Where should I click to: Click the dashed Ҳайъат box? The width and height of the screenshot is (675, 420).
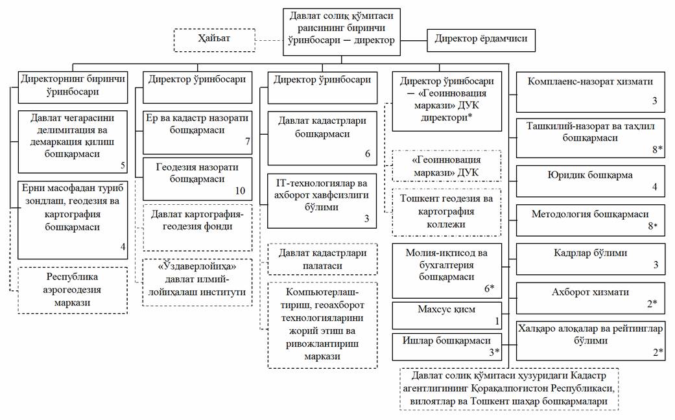pos(213,40)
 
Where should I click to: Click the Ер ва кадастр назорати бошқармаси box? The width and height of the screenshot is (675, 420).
pos(197,130)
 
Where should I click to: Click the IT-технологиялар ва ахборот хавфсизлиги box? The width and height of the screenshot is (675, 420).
pos(322,199)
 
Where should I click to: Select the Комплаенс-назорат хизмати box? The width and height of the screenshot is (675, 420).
pos(590,89)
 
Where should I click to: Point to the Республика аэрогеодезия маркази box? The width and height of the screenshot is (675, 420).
pos(72,290)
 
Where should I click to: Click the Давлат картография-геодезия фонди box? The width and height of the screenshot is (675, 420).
pos(197,227)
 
